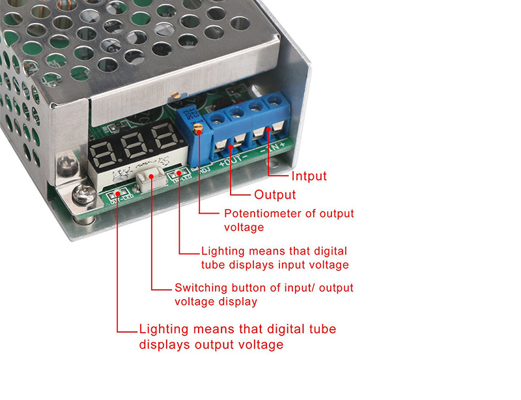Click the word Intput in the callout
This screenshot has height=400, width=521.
309,175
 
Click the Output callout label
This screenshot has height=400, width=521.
275,194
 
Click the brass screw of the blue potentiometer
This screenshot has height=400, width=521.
198,128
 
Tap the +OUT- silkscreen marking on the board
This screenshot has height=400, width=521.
231,158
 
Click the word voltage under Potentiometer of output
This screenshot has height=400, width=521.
244,227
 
